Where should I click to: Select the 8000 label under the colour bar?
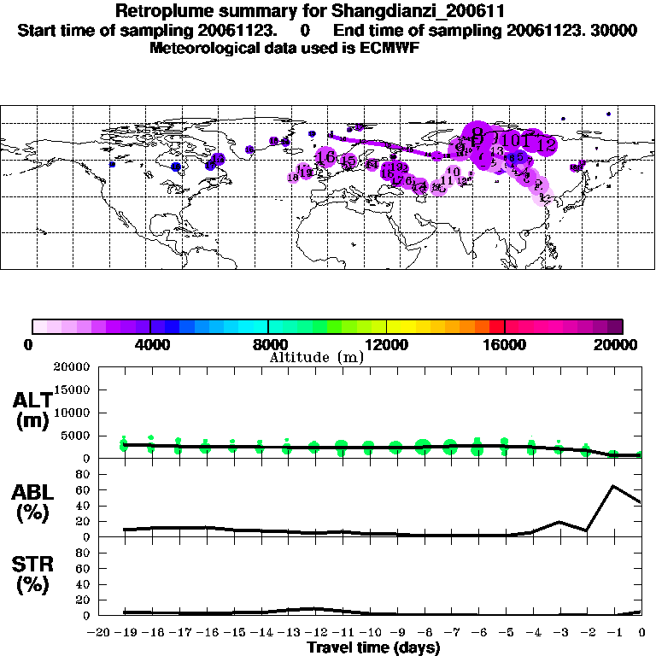268,344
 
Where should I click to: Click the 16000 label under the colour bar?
505,344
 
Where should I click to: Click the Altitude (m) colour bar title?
316,357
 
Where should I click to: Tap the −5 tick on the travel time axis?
504,632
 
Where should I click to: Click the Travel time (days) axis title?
373,647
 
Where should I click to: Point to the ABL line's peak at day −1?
613,486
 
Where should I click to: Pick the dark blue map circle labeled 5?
515,157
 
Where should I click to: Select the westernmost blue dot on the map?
112,164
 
